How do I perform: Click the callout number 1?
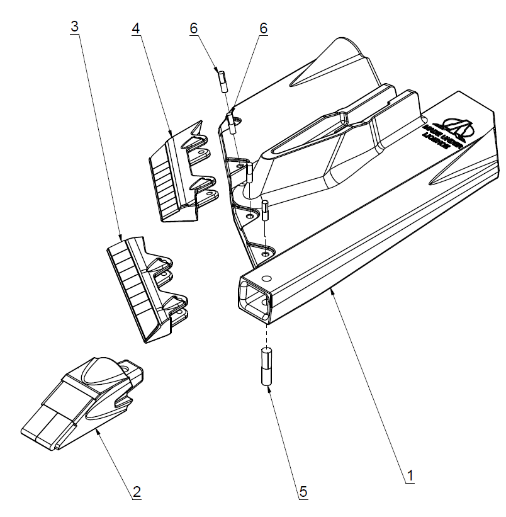pos(410,474)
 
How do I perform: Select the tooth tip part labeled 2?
pos(82,403)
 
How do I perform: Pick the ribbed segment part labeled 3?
pos(145,287)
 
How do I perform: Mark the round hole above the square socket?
pos(267,278)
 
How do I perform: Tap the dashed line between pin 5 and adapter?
pos(267,334)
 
